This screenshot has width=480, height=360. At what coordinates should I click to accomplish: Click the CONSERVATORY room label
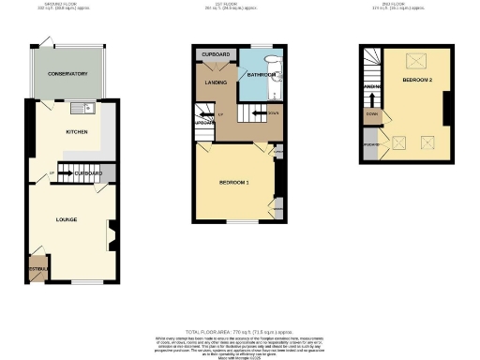click(x=70, y=73)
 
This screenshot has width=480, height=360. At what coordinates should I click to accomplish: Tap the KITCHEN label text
click(x=76, y=132)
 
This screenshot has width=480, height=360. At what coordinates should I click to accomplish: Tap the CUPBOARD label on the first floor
click(x=216, y=55)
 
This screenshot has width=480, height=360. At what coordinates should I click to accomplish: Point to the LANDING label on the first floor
click(x=217, y=82)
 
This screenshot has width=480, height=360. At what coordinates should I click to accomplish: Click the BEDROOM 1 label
click(x=233, y=180)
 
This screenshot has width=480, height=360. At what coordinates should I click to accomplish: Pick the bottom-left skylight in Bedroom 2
click(x=397, y=143)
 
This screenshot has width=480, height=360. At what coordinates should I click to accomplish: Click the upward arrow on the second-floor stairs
click(x=373, y=93)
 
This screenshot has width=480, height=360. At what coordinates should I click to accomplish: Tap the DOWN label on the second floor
click(x=372, y=116)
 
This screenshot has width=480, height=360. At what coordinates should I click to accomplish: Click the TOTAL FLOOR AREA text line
click(x=239, y=333)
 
